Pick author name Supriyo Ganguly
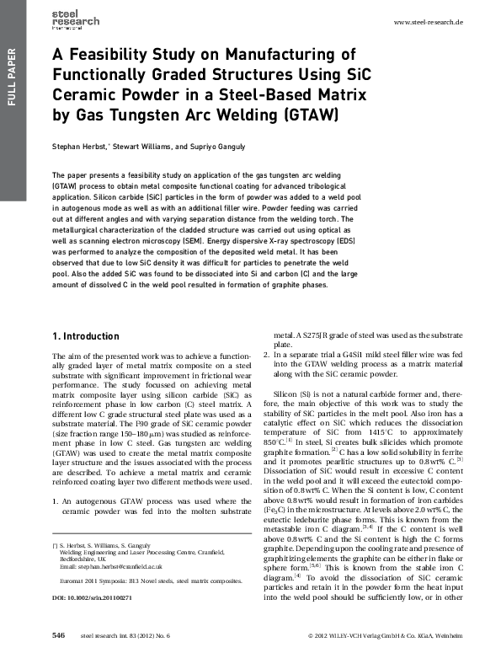pyautogui.click(x=222, y=146)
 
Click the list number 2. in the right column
pyautogui.click(x=267, y=357)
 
